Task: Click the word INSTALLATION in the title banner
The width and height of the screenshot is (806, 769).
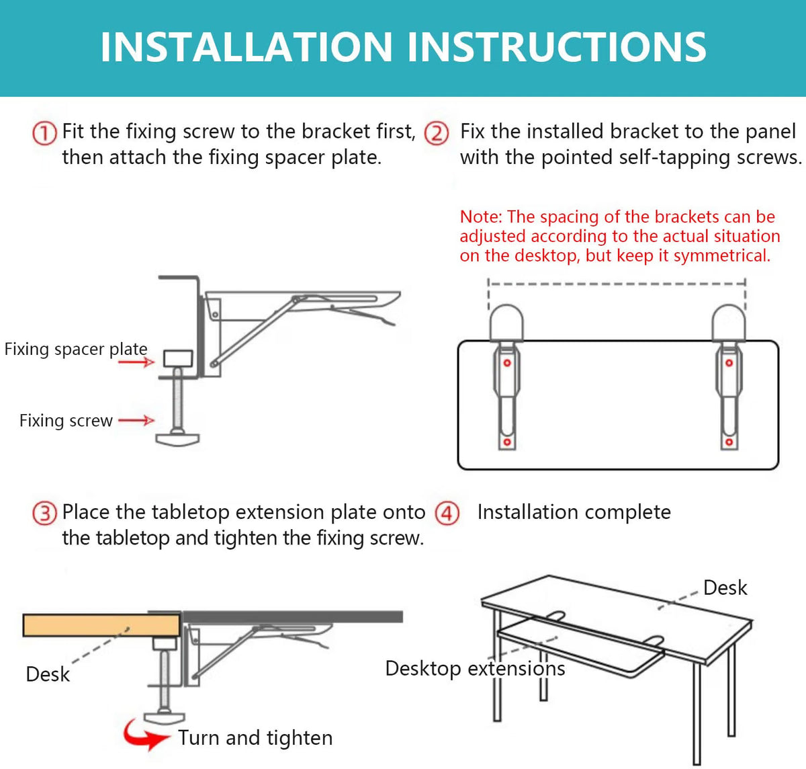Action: tap(247, 47)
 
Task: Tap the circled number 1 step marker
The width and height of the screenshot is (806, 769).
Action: tap(44, 133)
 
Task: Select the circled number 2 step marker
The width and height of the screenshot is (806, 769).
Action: tap(436, 133)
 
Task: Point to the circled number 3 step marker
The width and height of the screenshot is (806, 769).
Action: tap(44, 514)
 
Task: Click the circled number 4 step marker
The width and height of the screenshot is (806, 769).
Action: tap(447, 514)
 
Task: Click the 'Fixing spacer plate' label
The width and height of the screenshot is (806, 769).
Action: tap(76, 350)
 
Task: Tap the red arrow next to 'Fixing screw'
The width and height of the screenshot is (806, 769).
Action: tap(136, 420)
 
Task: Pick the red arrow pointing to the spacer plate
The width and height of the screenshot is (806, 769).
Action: tap(136, 362)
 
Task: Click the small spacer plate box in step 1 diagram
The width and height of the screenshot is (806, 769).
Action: tap(178, 359)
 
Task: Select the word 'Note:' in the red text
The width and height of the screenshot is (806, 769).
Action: tap(481, 216)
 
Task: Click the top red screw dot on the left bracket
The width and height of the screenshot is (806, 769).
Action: tap(507, 363)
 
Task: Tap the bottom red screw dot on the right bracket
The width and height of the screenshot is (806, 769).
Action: tap(729, 442)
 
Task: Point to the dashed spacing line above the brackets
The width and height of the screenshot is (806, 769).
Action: tap(617, 284)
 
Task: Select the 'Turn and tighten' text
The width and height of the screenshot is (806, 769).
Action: tap(255, 738)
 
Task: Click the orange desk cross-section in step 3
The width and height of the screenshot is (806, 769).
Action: tap(101, 625)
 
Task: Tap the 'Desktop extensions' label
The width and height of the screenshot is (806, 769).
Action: tap(475, 668)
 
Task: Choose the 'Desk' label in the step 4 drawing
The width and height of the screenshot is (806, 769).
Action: tap(725, 588)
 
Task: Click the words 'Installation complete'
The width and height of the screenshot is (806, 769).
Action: tap(574, 512)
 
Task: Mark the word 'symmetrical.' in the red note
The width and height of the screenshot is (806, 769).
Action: tap(722, 256)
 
